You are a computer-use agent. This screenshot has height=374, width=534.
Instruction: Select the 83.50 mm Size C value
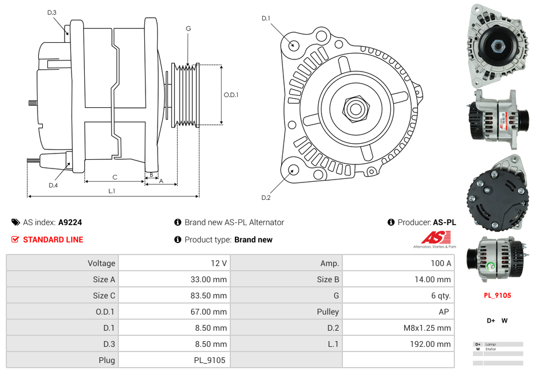211,296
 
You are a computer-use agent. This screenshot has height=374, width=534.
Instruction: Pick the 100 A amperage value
440,263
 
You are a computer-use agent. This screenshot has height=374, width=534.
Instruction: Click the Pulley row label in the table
327,312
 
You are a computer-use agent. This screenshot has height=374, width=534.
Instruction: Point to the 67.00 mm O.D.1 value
211,312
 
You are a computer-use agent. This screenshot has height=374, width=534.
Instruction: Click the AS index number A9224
70,222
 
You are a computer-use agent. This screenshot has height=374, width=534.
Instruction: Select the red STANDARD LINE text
53,240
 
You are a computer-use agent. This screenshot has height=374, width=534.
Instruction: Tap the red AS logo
434,238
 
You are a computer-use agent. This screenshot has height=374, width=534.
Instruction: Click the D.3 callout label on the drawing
52,12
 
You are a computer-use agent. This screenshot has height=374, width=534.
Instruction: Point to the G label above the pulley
188,28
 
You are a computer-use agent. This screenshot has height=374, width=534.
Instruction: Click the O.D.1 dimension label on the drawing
231,95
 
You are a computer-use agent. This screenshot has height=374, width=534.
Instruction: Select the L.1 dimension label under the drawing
112,190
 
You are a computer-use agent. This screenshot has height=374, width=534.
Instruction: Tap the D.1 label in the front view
266,18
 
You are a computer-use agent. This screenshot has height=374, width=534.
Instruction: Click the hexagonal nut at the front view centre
355,107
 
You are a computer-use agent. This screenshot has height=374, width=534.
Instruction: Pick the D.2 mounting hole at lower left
293,170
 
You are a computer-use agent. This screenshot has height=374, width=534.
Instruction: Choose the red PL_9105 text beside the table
497,296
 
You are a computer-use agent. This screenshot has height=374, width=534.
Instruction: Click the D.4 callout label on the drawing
53,185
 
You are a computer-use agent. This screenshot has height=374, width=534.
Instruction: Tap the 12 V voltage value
219,263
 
